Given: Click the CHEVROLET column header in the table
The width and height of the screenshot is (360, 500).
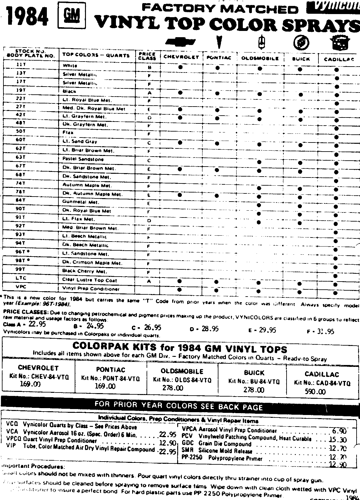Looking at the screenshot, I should coord(181,57).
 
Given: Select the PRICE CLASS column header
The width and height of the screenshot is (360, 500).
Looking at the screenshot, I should coord(147,56).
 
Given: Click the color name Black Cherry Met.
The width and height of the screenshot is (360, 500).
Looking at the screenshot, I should coord(84,271).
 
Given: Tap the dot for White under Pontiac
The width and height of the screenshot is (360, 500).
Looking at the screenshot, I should coord(217,67).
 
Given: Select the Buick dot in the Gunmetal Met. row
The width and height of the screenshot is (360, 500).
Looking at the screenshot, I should coord(300,197).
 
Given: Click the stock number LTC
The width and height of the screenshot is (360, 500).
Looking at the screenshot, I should coord(21,278).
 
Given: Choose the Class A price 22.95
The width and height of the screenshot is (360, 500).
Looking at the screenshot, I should coord(37,324).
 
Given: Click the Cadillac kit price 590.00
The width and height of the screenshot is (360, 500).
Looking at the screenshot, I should coord(315,392).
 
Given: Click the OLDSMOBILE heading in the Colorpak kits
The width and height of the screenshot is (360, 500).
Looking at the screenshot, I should coord(182,372).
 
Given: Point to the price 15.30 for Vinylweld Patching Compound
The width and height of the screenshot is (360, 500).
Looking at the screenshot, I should coord(337,440).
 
